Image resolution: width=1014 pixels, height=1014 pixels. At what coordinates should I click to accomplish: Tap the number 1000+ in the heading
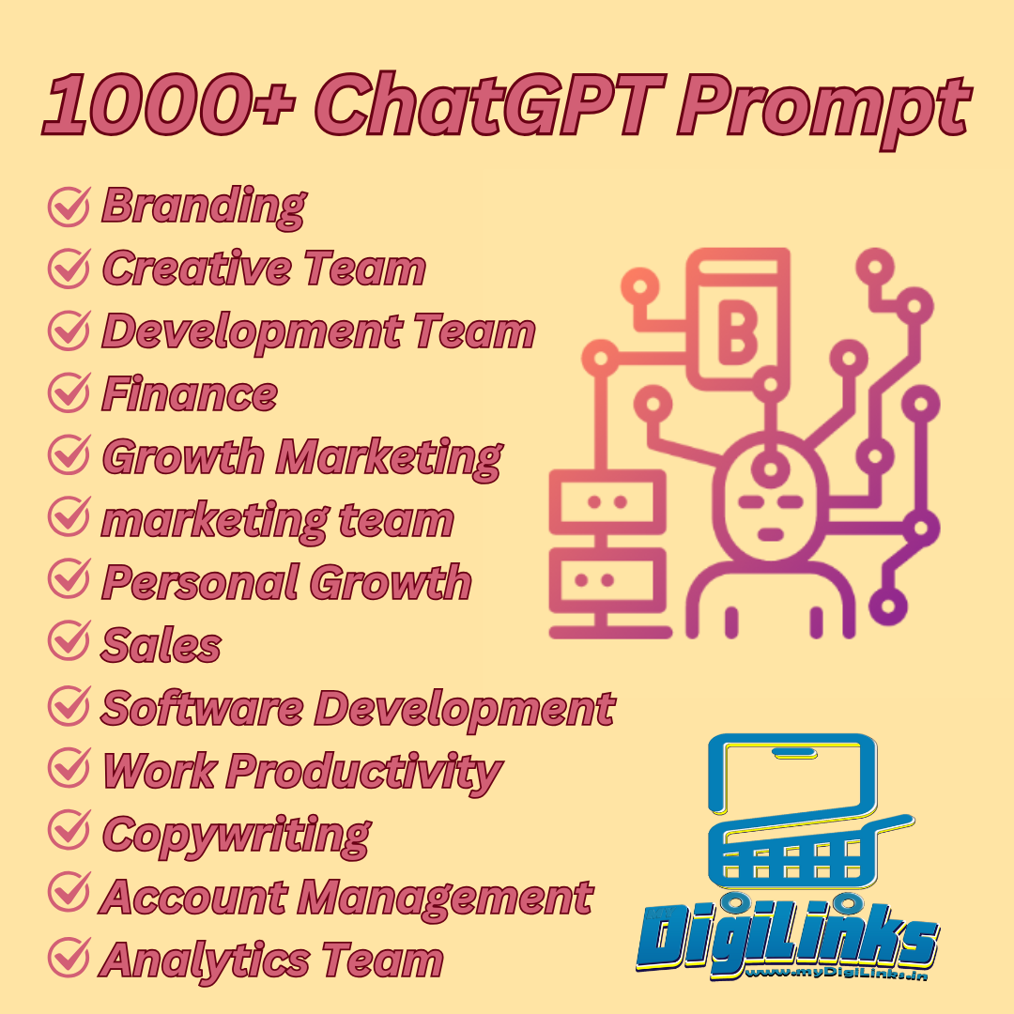click(x=169, y=103)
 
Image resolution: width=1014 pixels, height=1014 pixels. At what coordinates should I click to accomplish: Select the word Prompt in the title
click(x=823, y=110)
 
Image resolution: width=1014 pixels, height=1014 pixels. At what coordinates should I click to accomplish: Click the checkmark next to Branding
click(x=69, y=207)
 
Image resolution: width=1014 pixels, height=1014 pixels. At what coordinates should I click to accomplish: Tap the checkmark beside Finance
click(x=69, y=392)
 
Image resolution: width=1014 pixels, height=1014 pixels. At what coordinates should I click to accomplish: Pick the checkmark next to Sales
click(x=69, y=641)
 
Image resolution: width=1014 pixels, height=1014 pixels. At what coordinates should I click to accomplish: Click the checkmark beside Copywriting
click(x=69, y=830)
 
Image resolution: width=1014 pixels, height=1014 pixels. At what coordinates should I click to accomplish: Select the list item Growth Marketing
click(x=302, y=458)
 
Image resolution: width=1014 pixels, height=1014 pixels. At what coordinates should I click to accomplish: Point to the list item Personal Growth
click(x=286, y=583)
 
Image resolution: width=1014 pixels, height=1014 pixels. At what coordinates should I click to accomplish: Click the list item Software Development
click(x=359, y=710)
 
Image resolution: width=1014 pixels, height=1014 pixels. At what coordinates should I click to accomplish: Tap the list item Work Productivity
click(x=302, y=772)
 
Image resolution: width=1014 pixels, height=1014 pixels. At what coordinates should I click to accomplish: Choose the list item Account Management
click(x=346, y=898)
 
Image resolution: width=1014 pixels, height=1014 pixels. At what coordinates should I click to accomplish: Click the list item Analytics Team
click(x=271, y=960)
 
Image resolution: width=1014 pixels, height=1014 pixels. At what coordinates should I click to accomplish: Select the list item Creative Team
click(x=264, y=268)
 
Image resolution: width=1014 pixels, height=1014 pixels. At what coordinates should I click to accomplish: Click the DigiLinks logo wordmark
click(x=787, y=935)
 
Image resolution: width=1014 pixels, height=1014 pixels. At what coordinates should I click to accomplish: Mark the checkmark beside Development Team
click(x=69, y=330)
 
